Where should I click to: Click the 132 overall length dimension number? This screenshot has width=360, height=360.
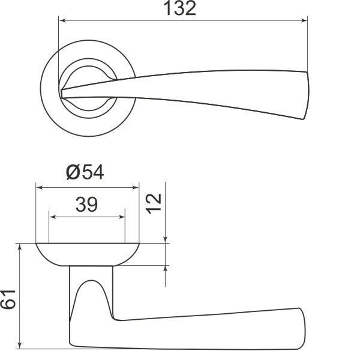[179, 9]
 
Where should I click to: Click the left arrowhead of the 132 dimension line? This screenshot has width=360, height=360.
[62, 21]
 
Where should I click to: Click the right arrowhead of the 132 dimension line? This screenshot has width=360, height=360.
[304, 21]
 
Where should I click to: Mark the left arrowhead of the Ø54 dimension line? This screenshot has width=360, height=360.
[40, 187]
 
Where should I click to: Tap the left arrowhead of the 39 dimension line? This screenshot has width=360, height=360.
[52, 217]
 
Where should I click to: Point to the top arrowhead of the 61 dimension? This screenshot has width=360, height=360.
[21, 248]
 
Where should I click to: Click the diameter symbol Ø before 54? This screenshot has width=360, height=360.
[73, 173]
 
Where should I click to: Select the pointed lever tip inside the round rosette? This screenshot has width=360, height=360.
[64, 92]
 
